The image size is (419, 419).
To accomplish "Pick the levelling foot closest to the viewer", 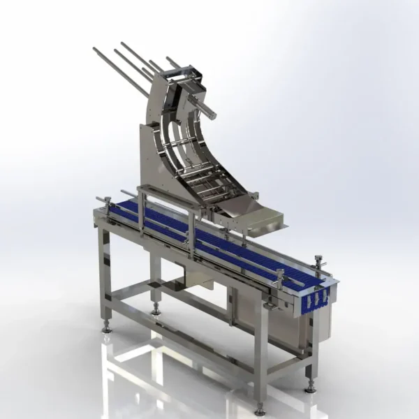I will [x=260, y=407].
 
